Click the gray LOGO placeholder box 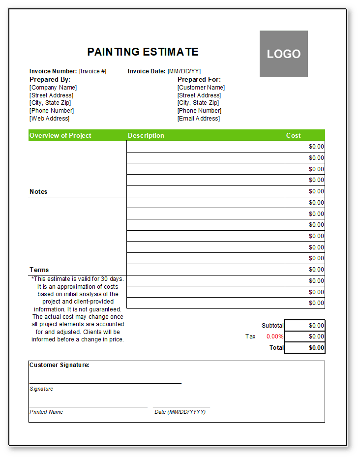point(284,54)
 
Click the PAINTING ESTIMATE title point(143,52)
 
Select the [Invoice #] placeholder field point(92,71)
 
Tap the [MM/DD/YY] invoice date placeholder point(184,71)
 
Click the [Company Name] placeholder point(53,88)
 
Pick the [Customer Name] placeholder point(201,88)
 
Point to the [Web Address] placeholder point(50,119)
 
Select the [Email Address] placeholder point(199,119)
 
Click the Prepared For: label point(199,79)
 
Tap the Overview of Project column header point(60,136)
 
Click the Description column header point(146,136)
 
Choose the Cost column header point(294,136)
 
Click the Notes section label point(38,191)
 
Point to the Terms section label point(39,270)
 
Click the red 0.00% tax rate point(275,337)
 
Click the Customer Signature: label point(59,365)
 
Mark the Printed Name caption point(46,412)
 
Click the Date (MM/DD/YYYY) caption point(180,412)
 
